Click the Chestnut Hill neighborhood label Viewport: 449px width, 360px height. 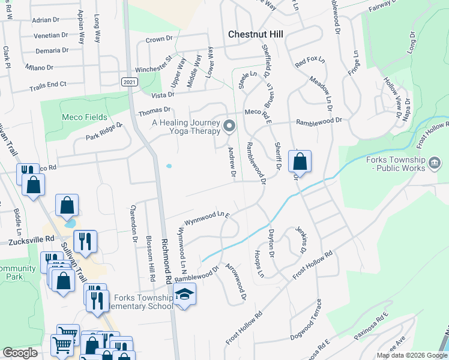point(256,34)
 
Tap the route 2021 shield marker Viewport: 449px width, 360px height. point(128,82)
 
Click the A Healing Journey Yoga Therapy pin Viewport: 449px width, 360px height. point(229,126)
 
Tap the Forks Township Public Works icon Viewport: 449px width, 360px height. point(436,162)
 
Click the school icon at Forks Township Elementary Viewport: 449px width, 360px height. point(184,294)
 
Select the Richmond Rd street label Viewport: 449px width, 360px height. point(166,262)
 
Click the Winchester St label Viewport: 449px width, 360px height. point(154,64)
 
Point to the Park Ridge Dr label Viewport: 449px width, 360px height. point(103,131)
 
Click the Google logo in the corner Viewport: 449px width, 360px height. point(20,352)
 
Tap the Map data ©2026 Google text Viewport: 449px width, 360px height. point(411,355)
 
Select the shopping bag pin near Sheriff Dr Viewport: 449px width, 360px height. point(300,161)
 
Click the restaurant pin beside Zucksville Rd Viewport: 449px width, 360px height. point(85,241)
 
